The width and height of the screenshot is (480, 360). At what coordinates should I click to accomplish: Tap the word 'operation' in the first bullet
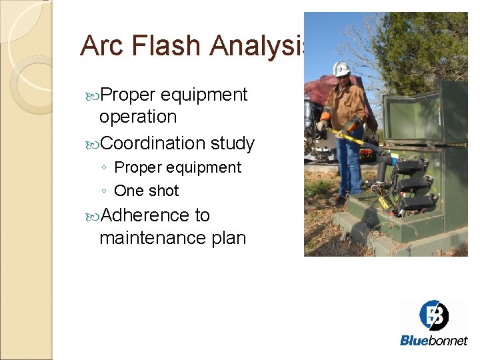(x=138, y=117)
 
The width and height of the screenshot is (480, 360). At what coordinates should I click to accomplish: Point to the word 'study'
(x=233, y=143)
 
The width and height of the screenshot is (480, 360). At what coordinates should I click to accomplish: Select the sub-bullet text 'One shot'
(x=147, y=191)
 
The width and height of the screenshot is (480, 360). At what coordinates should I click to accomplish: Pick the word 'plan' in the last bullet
(x=227, y=237)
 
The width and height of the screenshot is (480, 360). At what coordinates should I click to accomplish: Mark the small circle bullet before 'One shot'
(x=105, y=191)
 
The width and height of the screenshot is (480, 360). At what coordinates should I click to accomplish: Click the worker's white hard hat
(x=341, y=69)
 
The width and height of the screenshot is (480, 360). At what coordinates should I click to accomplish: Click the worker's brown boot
(x=338, y=199)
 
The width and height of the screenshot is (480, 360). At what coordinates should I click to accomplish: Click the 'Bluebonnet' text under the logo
(x=433, y=341)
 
